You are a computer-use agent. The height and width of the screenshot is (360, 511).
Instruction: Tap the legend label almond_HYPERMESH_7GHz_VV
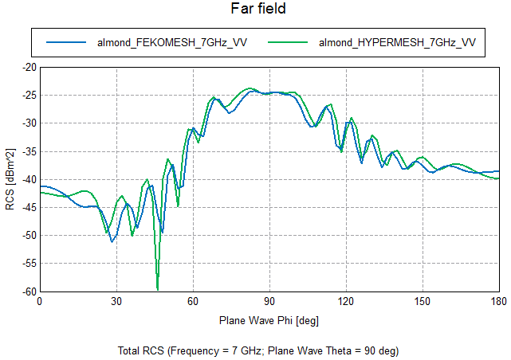point(397,42)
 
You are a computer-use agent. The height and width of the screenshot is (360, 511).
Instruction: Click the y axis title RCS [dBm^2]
point(10,179)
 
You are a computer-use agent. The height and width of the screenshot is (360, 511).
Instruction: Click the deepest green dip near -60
point(158,288)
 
